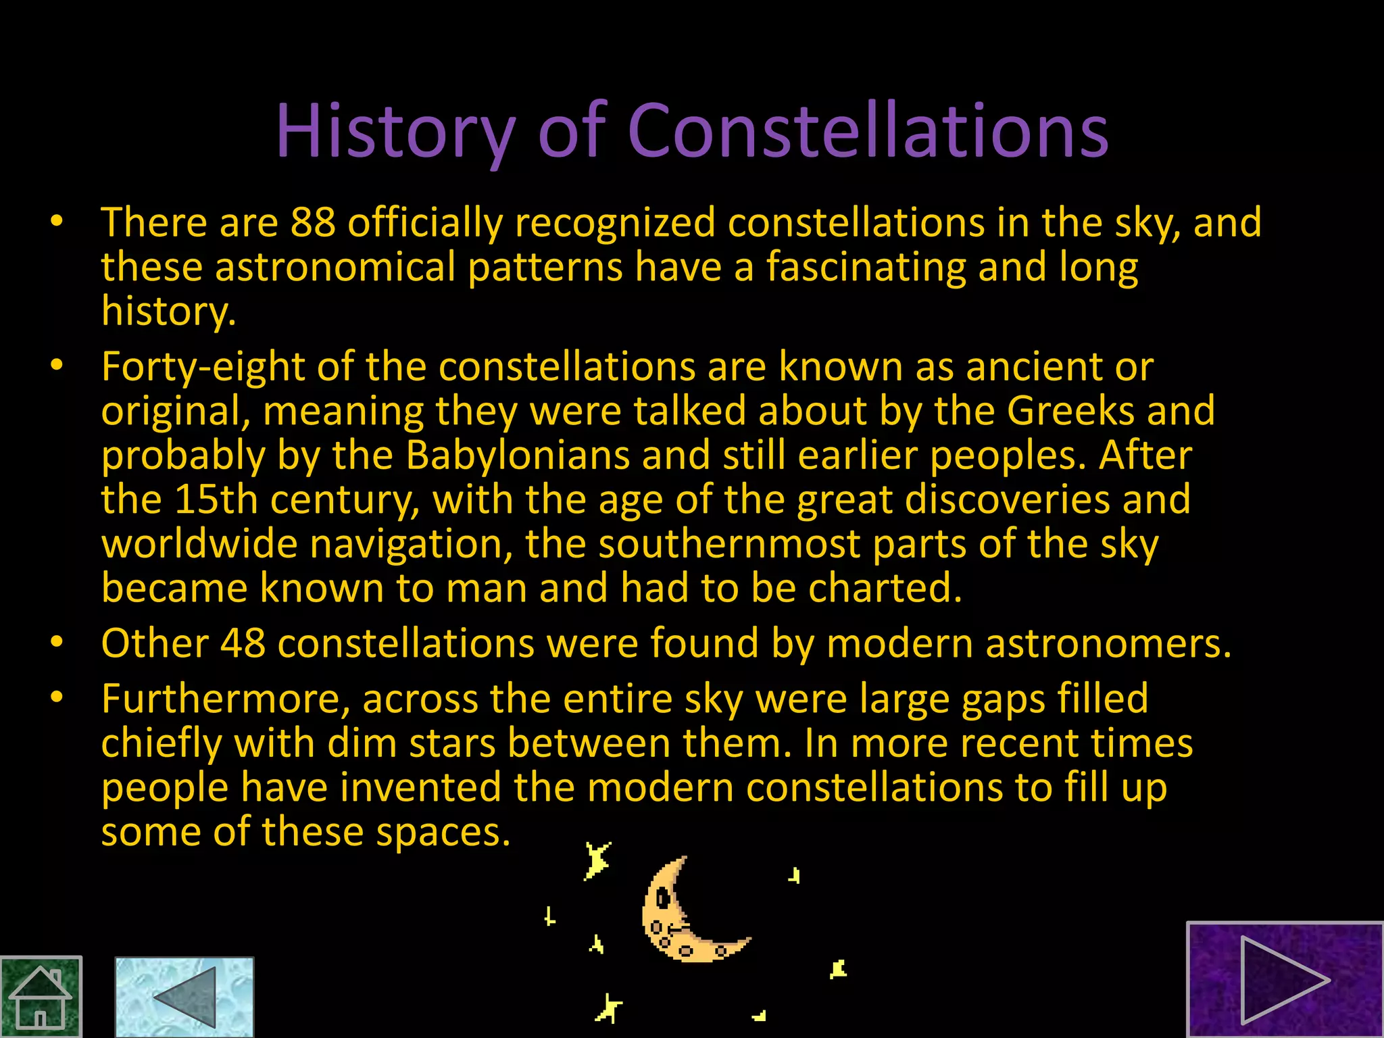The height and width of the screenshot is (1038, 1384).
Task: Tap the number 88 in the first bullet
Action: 313,222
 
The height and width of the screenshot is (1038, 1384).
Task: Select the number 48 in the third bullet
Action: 243,643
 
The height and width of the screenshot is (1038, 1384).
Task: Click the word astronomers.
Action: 1108,643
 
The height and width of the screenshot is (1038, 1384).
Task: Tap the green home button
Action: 41,997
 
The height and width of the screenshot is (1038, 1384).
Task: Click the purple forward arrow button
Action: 1285,980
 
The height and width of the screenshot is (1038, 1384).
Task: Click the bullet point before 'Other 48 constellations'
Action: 57,641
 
